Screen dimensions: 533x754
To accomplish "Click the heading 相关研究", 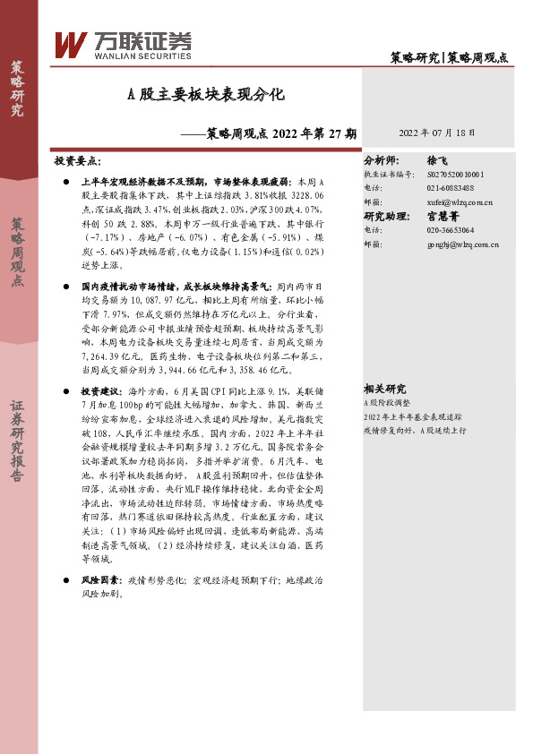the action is coord(385,389).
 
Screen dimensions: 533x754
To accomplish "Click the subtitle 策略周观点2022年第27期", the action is coord(274,133).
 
